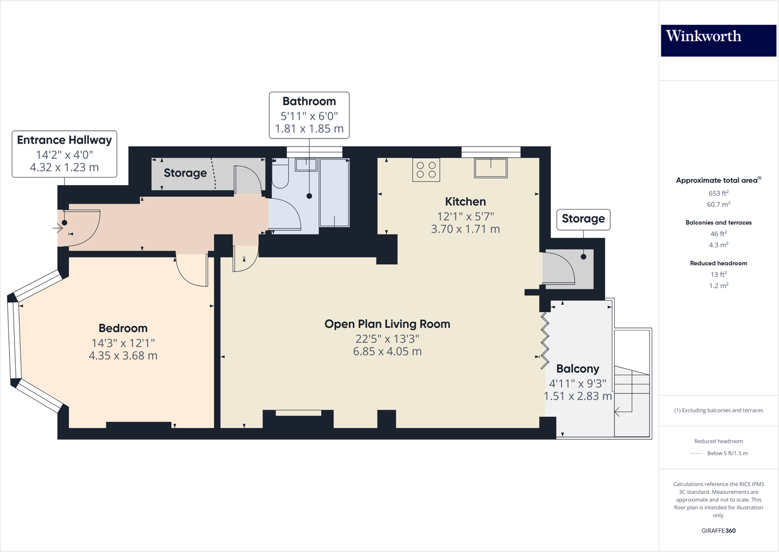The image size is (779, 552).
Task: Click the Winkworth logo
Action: point(718,40)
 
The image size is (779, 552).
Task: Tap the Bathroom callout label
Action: point(309,115)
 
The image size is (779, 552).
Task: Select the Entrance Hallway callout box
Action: point(64,154)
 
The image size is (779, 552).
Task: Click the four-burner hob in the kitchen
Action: point(426,170)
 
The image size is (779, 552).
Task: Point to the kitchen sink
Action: point(491,168)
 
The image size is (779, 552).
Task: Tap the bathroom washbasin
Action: point(306,164)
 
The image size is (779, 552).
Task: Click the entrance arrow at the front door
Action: point(58,228)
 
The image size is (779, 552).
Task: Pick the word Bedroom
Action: point(123,328)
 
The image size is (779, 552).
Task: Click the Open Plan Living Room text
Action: point(387,324)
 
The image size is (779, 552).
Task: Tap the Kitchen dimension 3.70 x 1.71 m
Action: point(465,229)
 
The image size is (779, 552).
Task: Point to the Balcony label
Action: point(578,369)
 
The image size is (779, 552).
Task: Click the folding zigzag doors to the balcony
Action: point(544,341)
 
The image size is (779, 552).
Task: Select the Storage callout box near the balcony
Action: point(583,219)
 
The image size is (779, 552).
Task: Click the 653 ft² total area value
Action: point(718,193)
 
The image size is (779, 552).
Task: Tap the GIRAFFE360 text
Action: point(718,530)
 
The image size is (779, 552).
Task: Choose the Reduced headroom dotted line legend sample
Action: point(696,453)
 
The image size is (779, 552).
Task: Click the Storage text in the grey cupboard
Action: point(185,173)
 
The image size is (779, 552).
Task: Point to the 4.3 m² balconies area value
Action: point(718,245)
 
